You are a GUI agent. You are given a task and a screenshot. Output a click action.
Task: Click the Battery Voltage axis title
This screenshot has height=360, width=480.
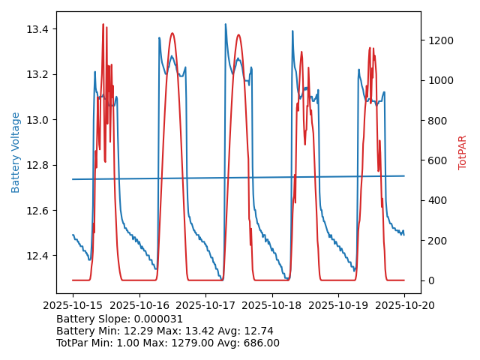tap(16, 152)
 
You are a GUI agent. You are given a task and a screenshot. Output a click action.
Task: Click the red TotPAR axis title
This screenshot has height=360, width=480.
tap(463, 152)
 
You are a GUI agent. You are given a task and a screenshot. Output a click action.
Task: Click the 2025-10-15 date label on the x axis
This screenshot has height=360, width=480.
tap(73, 306)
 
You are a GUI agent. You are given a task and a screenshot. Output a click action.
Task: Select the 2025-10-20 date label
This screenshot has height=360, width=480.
tap(405, 306)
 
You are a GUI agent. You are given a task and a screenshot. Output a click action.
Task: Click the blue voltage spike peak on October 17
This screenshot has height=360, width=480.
tap(225, 24)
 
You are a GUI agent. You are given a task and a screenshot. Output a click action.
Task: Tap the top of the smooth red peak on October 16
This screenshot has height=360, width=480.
tap(172, 33)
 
